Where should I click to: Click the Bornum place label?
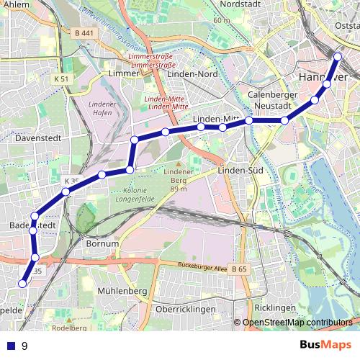(102, 243)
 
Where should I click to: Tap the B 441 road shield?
(84, 32)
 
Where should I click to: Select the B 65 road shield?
(239, 269)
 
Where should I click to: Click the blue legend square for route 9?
(10, 346)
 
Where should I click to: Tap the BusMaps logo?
(325, 346)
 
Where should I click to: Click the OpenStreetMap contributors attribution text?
(298, 323)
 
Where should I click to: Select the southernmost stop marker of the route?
(22, 284)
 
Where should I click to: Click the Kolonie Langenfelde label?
(134, 194)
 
